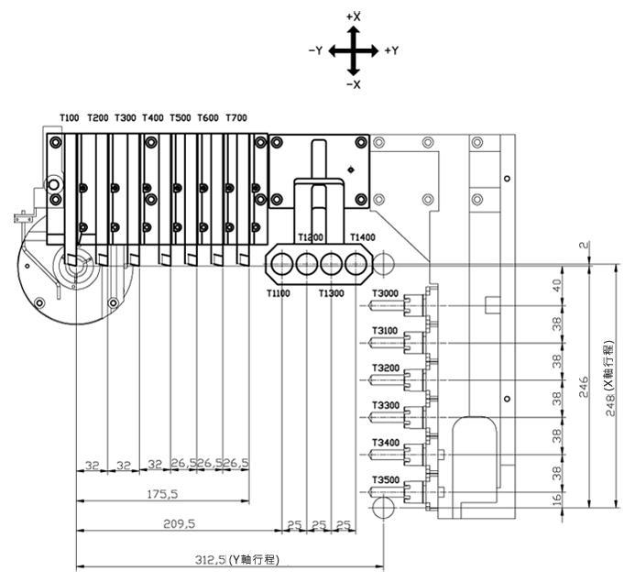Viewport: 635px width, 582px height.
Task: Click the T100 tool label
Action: pyautogui.click(x=70, y=118)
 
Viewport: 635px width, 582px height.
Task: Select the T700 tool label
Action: pyautogui.click(x=236, y=118)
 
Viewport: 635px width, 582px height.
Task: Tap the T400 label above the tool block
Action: pyautogui.click(x=153, y=118)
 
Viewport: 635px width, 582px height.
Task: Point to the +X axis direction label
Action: pyautogui.click(x=354, y=16)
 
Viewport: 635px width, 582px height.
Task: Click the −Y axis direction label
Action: pyautogui.click(x=315, y=50)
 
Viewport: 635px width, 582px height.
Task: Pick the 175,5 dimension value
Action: pyautogui.click(x=163, y=494)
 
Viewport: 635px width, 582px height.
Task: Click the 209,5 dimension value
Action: pyautogui.click(x=179, y=523)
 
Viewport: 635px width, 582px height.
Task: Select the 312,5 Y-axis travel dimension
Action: pyautogui.click(x=237, y=560)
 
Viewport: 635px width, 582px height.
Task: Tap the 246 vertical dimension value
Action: pyautogui.click(x=584, y=387)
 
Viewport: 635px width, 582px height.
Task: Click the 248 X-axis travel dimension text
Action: pyautogui.click(x=610, y=379)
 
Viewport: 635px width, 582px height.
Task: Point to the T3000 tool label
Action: pyautogui.click(x=385, y=293)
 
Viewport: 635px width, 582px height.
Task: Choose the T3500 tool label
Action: pyautogui.click(x=386, y=480)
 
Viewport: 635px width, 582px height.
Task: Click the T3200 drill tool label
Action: pyautogui.click(x=386, y=368)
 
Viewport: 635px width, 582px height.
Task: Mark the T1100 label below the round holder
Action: pyautogui.click(x=279, y=293)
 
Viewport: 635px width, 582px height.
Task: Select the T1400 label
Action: pyautogui.click(x=363, y=237)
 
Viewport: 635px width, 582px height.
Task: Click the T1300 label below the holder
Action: pyautogui.click(x=332, y=293)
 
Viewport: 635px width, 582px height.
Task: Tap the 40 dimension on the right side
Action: pyautogui.click(x=557, y=286)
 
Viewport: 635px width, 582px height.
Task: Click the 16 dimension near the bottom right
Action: pyautogui.click(x=557, y=499)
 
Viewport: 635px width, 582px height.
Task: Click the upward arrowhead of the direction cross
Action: pyautogui.click(x=354, y=31)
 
